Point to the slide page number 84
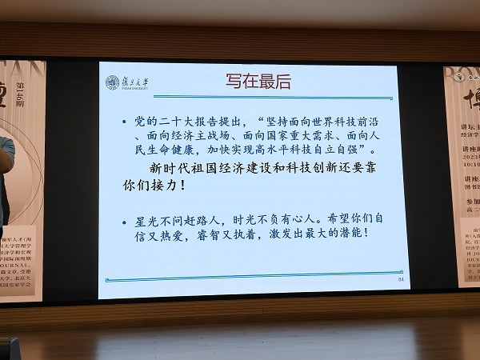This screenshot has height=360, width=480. (391, 282)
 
